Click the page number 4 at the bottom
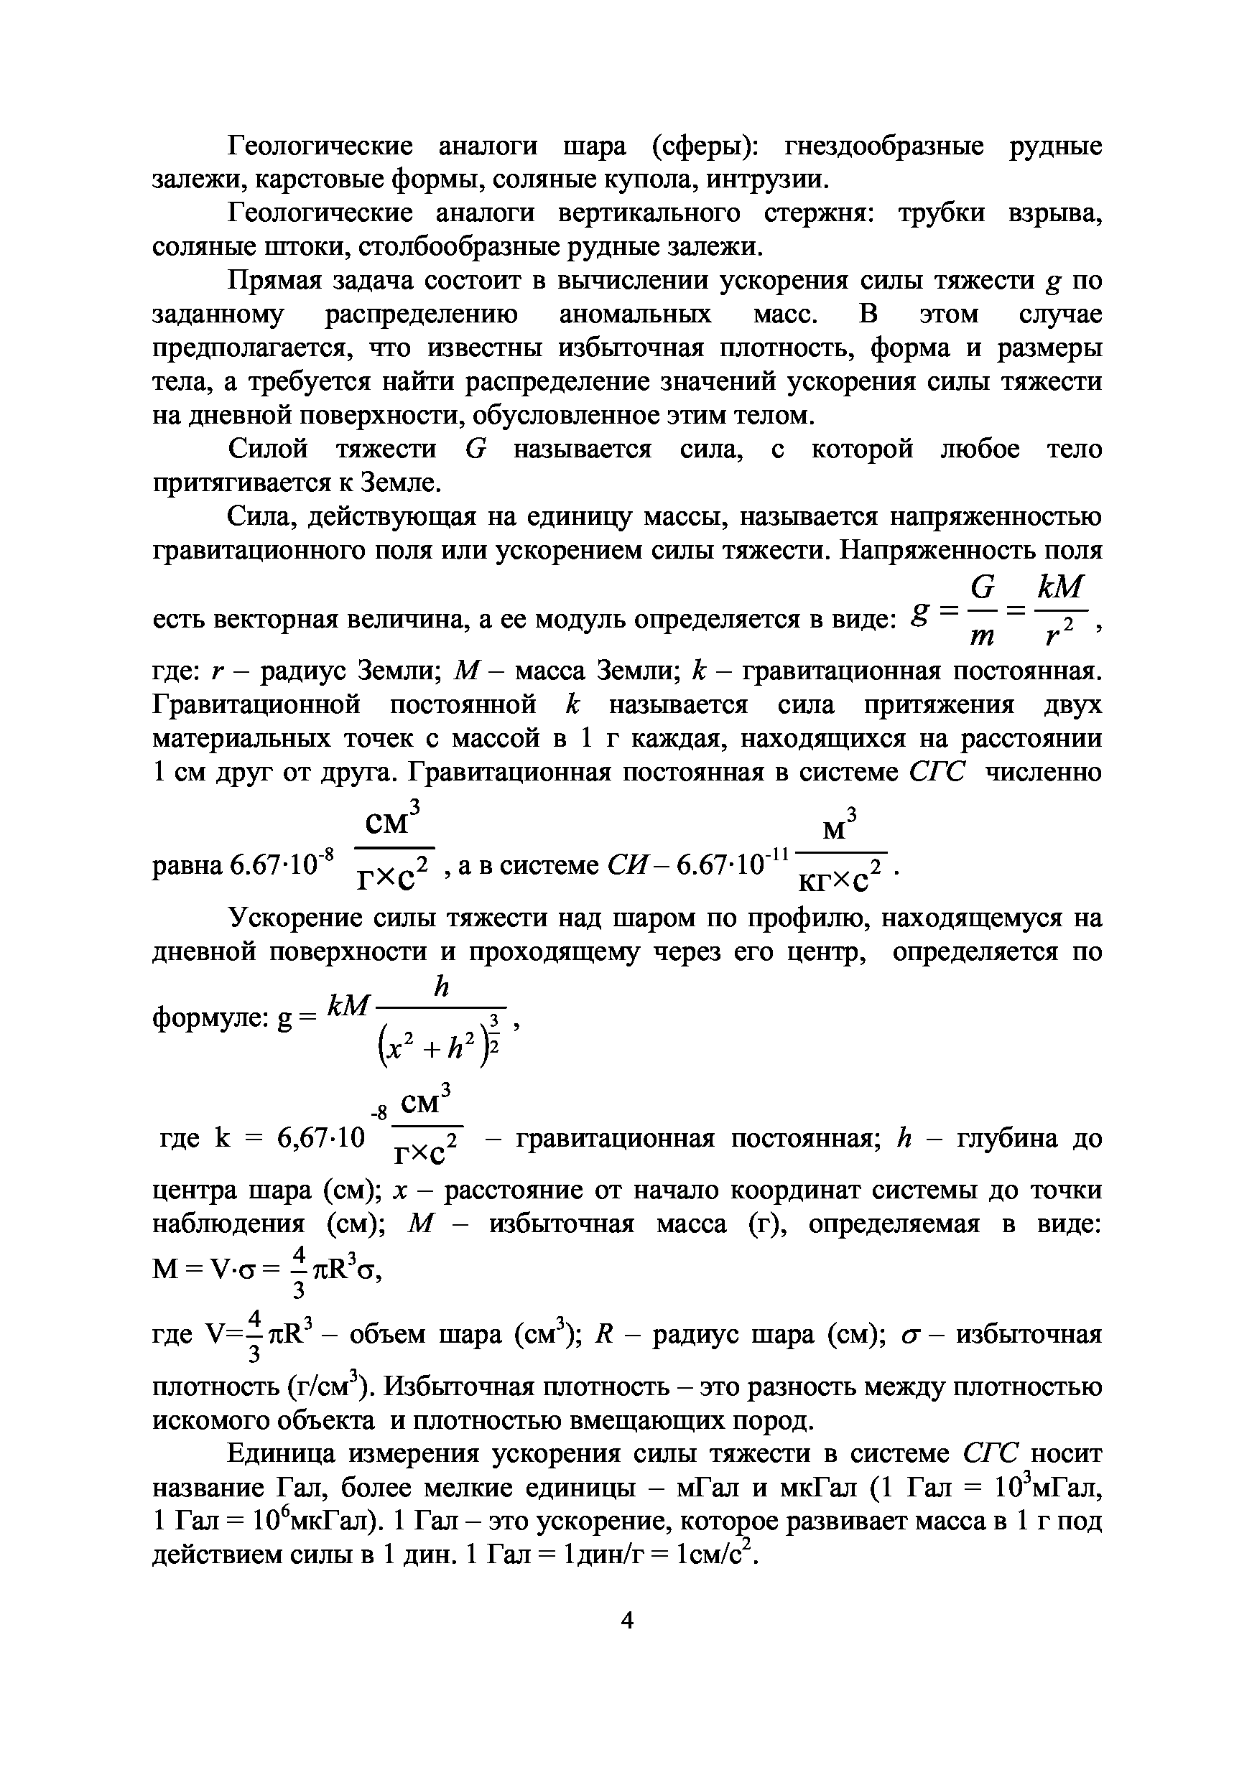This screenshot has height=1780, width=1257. (627, 1621)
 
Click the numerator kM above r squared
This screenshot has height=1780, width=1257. (1059, 587)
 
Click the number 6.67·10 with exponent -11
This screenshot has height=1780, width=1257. (731, 863)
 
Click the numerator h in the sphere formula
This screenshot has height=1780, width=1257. (441, 987)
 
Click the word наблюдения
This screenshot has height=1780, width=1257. (228, 1224)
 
